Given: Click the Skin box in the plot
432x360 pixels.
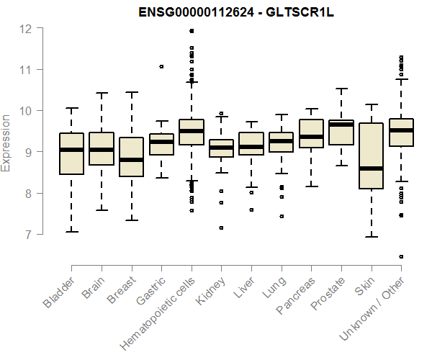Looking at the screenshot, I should [x=371, y=156].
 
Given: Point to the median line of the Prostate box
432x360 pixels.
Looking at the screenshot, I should [x=341, y=125].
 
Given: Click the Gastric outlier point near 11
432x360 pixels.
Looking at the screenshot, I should [x=161, y=66].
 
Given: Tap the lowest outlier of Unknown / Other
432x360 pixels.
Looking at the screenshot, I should [x=401, y=256].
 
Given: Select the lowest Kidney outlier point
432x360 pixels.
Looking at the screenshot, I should [x=221, y=228].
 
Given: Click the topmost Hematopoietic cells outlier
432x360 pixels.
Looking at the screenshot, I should [x=192, y=31].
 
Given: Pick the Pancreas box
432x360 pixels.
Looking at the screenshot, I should [x=311, y=133].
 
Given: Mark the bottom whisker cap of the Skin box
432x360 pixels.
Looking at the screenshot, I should [x=371, y=236].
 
